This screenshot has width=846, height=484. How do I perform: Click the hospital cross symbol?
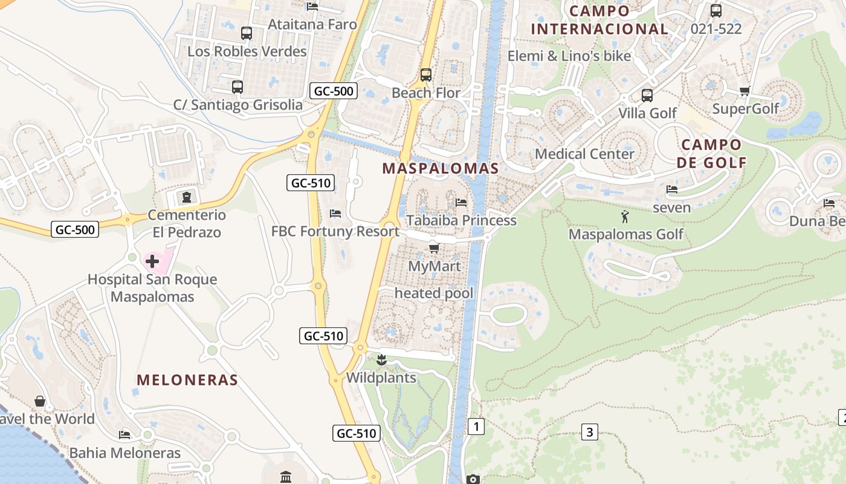[x=152, y=261]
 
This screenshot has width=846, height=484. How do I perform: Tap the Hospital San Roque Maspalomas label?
[x=152, y=288]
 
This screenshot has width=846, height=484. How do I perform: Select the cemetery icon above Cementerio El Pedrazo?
[x=186, y=197]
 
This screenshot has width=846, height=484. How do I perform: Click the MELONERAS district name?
[x=187, y=380]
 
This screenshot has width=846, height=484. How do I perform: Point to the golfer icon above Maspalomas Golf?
[x=625, y=216]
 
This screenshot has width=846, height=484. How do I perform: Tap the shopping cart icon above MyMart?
[x=434, y=248]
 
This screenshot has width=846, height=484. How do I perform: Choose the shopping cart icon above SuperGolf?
[x=744, y=91]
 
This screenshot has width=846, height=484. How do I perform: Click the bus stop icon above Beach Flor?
[x=426, y=75]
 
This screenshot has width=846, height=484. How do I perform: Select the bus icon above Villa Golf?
[x=647, y=96]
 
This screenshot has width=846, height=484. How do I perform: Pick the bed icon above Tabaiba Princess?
[x=461, y=202]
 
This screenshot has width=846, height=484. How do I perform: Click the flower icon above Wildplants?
[x=381, y=361]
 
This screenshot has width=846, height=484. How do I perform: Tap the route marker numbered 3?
[x=589, y=432]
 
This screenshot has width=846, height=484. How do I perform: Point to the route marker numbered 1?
[x=476, y=427]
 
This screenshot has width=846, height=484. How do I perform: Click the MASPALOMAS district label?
[x=441, y=169]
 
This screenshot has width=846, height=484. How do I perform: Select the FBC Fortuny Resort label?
[x=335, y=231]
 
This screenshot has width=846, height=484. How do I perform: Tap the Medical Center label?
[x=584, y=154]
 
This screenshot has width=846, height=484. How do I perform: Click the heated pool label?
[x=434, y=293]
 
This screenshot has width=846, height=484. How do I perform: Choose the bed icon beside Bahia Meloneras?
[x=124, y=434]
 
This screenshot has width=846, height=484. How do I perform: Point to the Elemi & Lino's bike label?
[x=569, y=56]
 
